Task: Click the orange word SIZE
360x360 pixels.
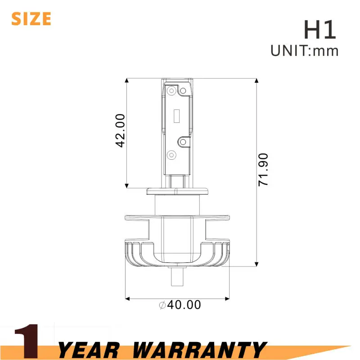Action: [31, 18]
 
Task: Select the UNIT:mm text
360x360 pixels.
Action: [304, 51]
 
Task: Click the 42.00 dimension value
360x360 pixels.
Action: [120, 130]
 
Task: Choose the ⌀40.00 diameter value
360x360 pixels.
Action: [180, 305]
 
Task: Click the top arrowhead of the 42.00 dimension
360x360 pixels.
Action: [127, 81]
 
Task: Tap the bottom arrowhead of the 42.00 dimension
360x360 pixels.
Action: [127, 184]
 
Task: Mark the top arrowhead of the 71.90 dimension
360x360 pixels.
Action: [256, 81]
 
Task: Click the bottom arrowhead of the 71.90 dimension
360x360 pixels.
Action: [256, 264]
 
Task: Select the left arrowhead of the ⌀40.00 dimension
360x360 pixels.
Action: [127, 298]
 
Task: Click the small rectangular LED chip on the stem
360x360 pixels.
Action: [177, 116]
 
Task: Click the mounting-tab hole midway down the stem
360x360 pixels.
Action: [184, 142]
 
